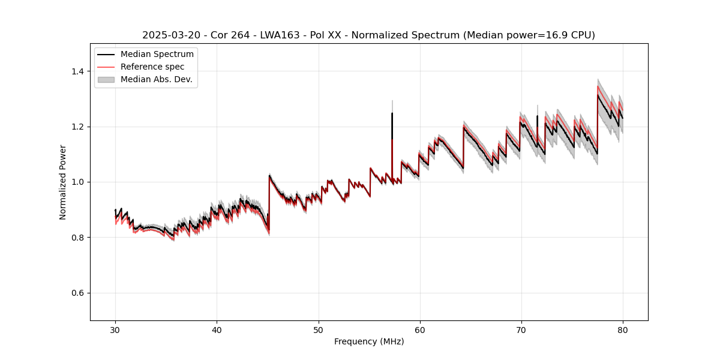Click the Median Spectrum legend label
[x=157, y=55]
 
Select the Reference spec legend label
[x=152, y=67]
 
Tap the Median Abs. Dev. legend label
[x=156, y=79]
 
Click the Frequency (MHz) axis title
[x=369, y=341]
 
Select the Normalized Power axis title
[x=63, y=182]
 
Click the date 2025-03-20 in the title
[x=170, y=35]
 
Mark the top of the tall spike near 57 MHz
[x=392, y=113]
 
